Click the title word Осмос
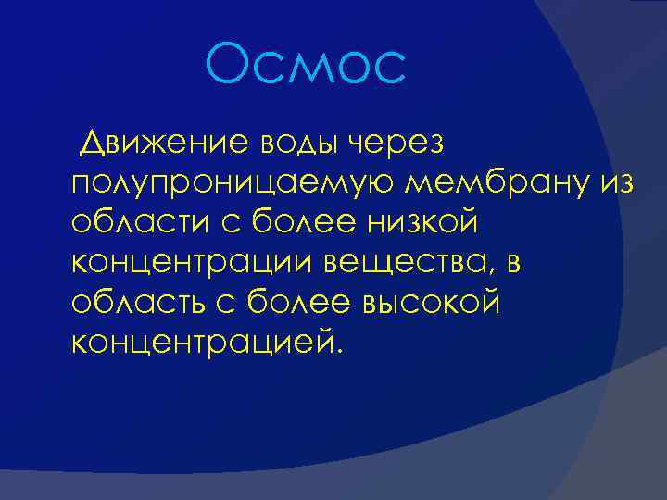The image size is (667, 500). (307, 66)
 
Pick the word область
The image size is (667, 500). (129, 303)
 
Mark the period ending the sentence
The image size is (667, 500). (338, 352)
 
